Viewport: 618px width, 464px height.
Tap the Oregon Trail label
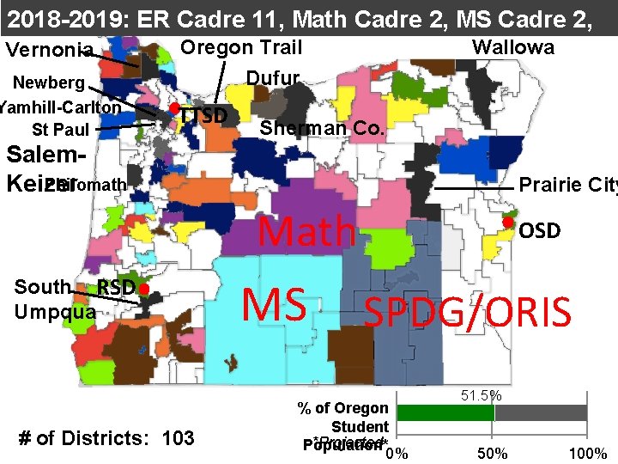[x=241, y=47]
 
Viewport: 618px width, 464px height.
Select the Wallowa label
[x=513, y=47]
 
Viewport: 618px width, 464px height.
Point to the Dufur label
[x=272, y=79]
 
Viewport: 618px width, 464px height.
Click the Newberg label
[x=48, y=83]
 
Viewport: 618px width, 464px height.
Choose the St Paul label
[x=60, y=130]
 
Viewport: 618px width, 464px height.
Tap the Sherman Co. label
[x=322, y=129]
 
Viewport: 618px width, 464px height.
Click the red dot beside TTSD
[x=173, y=108]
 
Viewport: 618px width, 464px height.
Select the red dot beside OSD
[x=507, y=223]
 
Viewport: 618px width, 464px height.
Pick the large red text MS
[x=274, y=302]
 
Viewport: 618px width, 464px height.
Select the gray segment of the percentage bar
[x=540, y=412]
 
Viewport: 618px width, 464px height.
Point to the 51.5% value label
[x=478, y=396]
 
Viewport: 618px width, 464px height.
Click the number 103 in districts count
[x=178, y=438]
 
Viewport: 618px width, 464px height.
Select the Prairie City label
[x=567, y=185]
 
